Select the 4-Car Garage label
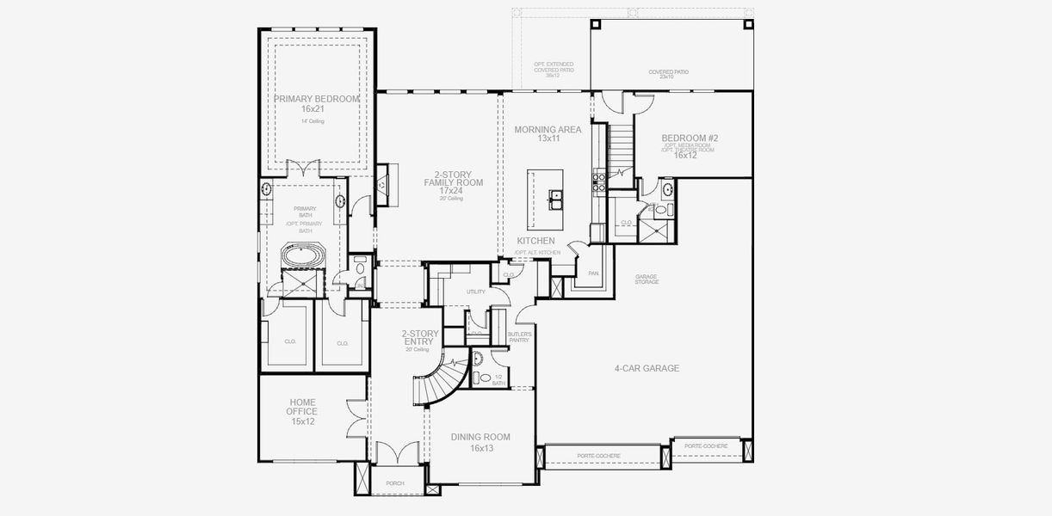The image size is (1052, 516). click(x=647, y=368)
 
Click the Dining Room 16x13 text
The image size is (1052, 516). click(x=480, y=442)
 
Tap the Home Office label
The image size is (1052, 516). click(x=301, y=412)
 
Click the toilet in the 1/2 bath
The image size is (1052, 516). click(x=485, y=378)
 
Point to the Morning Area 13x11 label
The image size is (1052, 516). click(x=548, y=133)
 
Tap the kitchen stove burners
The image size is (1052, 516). click(x=596, y=180)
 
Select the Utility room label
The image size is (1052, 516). click(x=476, y=292)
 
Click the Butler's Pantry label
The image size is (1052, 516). click(x=519, y=336)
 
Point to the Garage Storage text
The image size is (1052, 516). click(x=647, y=279)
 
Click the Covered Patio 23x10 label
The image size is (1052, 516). click(x=668, y=74)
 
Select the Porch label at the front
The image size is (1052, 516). click(x=395, y=483)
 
